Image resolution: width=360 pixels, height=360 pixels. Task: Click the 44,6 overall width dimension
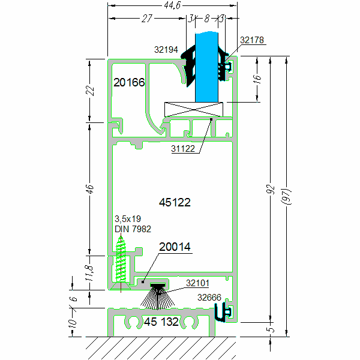click(x=172, y=6)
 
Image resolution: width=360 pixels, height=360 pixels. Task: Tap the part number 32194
click(x=166, y=50)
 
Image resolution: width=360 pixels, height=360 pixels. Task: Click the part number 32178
click(x=251, y=40)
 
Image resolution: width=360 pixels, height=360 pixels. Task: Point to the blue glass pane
click(x=208, y=66)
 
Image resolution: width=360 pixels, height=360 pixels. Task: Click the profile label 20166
click(x=130, y=82)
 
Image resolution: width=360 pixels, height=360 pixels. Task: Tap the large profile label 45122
click(x=175, y=203)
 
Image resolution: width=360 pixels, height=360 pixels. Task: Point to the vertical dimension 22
click(x=90, y=91)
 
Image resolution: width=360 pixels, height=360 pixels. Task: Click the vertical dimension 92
click(x=271, y=190)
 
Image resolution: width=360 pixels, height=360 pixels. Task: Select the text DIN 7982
click(x=133, y=229)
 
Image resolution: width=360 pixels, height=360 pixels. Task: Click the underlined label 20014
click(x=175, y=247)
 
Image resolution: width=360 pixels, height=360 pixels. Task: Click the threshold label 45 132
click(x=161, y=322)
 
